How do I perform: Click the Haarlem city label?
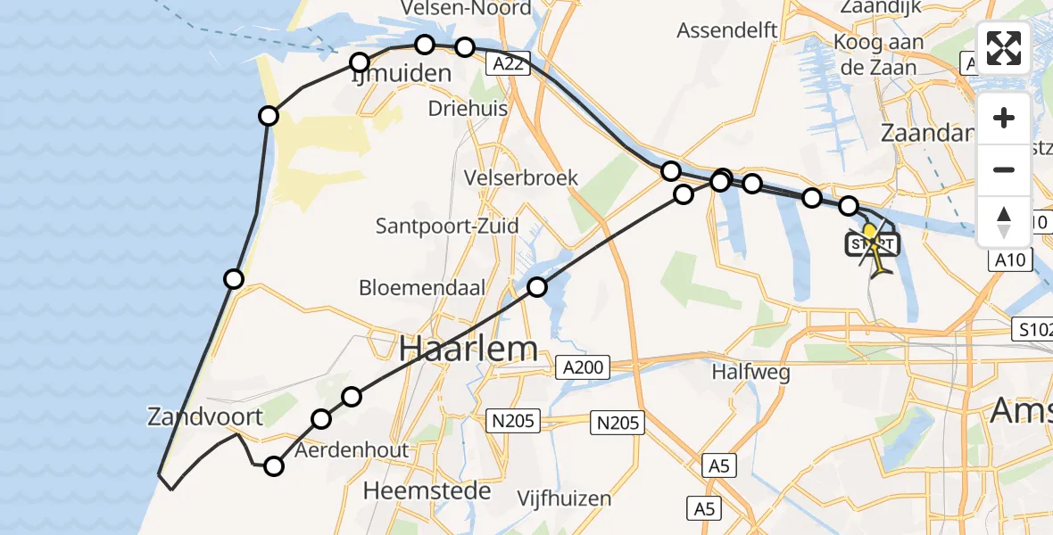tap(468, 349)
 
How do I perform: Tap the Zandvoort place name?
tap(206, 416)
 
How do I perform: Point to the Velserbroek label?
tap(521, 177)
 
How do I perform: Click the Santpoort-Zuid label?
tap(447, 226)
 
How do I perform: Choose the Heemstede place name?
tap(427, 490)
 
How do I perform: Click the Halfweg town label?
tap(751, 373)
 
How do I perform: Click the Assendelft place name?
tap(727, 30)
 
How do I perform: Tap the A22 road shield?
tap(510, 62)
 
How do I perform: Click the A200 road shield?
tap(584, 366)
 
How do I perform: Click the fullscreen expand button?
tap(1004, 48)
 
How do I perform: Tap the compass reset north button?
tap(1004, 222)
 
